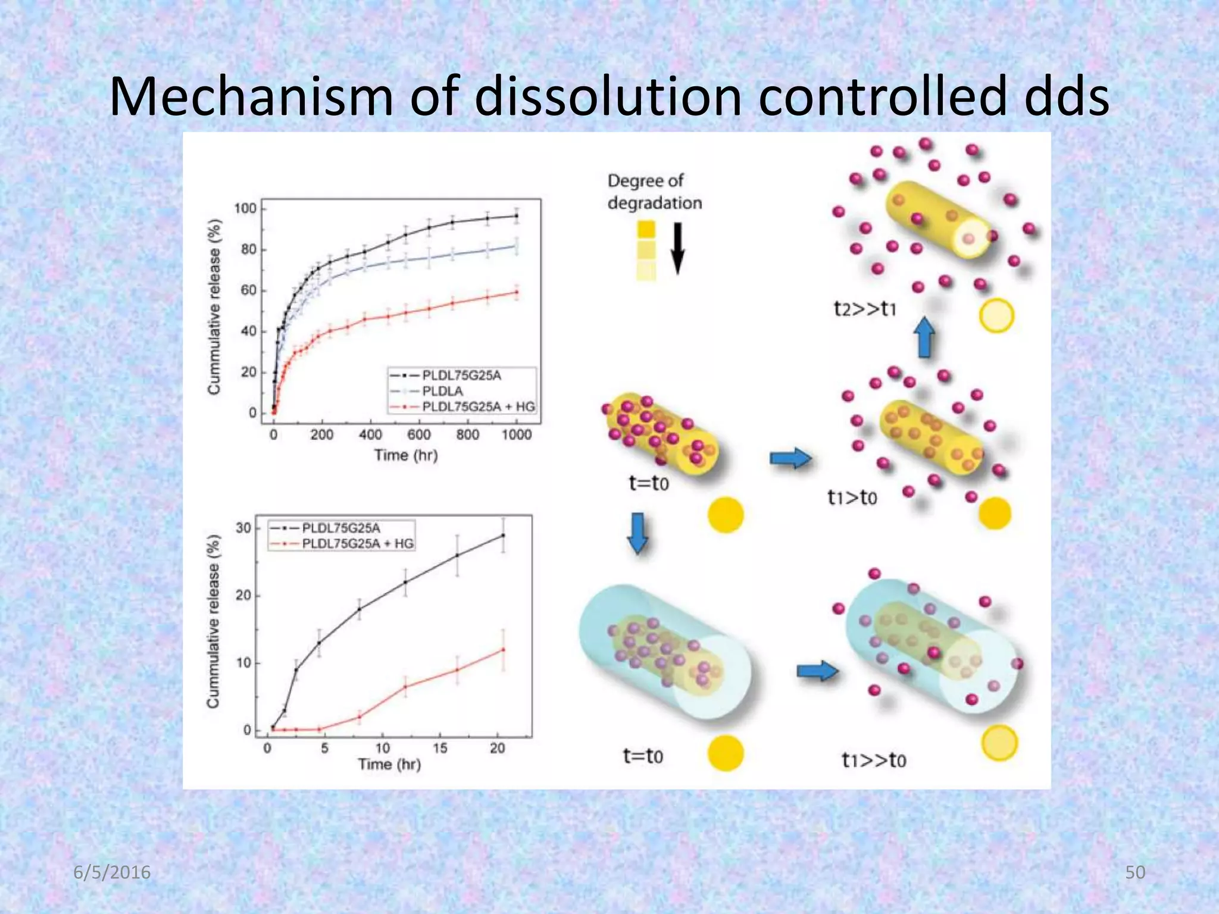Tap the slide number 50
click(1135, 872)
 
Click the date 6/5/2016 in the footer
click(112, 872)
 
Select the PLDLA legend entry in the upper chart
click(442, 391)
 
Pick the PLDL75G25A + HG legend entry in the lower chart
click(357, 543)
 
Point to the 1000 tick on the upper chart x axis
click(516, 435)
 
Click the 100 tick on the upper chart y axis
click(245, 209)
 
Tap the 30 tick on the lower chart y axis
click(243, 528)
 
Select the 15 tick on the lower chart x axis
click(440, 748)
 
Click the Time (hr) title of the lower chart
click(389, 764)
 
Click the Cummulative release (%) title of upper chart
click(214, 306)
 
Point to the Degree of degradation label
click(654, 192)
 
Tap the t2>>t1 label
click(864, 309)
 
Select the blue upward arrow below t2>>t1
click(924, 337)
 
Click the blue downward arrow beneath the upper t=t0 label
click(637, 533)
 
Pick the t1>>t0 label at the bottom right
click(873, 760)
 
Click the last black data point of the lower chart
click(503, 535)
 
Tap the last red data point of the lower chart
click(503, 649)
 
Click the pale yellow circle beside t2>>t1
click(996, 315)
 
